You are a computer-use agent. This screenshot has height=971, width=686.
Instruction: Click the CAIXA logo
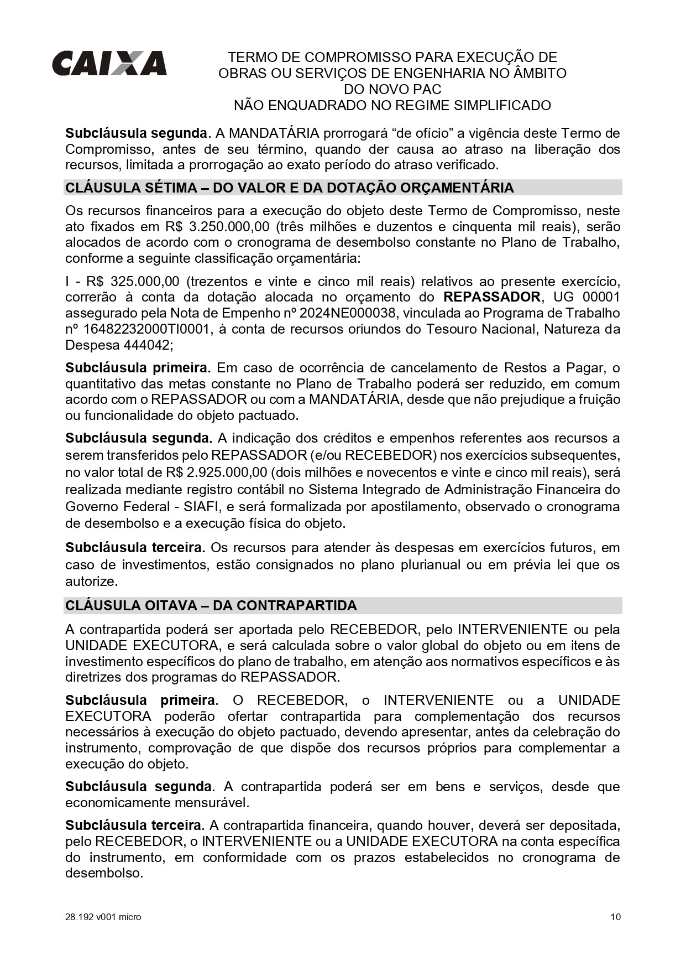pyautogui.click(x=109, y=63)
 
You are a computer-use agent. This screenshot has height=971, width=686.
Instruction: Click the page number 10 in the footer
pyautogui.click(x=615, y=917)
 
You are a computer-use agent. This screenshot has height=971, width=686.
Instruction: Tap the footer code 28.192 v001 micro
pyautogui.click(x=103, y=917)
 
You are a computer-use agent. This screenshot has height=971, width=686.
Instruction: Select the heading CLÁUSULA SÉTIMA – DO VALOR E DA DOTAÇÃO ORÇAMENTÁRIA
pyautogui.click(x=289, y=188)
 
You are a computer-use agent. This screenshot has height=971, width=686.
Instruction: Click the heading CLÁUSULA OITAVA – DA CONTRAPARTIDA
pyautogui.click(x=211, y=605)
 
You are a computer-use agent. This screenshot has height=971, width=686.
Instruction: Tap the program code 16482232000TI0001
pyautogui.click(x=146, y=329)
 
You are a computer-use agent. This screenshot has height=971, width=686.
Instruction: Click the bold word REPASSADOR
pyautogui.click(x=492, y=297)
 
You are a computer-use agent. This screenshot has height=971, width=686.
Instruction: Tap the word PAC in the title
pyautogui.click(x=426, y=89)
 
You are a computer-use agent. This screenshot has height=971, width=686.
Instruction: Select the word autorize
pyautogui.click(x=91, y=581)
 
